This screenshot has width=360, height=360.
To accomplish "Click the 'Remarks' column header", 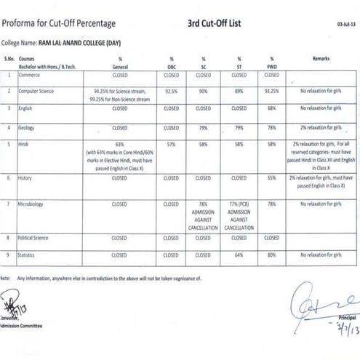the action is (321, 57).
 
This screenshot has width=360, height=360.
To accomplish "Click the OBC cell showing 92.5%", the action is (172, 92).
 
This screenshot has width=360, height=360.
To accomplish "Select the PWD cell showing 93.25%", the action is (271, 92).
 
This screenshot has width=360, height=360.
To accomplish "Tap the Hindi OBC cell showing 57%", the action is (172, 145).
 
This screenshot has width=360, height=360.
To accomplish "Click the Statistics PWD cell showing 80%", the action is (271, 255).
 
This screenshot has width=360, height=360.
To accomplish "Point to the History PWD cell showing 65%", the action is (271, 177).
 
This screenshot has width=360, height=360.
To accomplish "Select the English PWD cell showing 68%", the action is (271, 108).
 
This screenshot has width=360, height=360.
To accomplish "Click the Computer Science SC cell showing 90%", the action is (204, 92).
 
